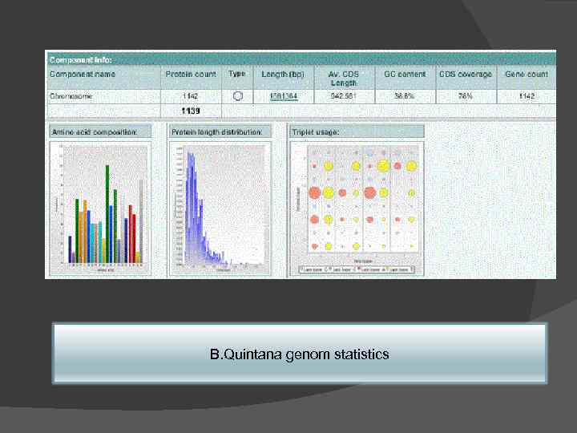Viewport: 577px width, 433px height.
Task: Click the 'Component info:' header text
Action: pyautogui.click(x=81, y=59)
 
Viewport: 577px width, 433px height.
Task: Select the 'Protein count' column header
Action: pyautogui.click(x=190, y=75)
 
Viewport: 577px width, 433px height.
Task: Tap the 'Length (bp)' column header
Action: pyautogui.click(x=284, y=75)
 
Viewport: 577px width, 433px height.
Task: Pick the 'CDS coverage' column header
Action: pyautogui.click(x=465, y=75)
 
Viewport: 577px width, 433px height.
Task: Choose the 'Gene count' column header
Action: pyautogui.click(x=527, y=75)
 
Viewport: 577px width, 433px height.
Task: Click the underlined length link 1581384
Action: pyautogui.click(x=284, y=96)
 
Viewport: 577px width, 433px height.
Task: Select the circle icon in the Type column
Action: pyautogui.click(x=237, y=95)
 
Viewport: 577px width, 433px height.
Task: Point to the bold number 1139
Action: pyautogui.click(x=190, y=111)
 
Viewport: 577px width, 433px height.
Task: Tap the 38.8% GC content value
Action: pyautogui.click(x=404, y=96)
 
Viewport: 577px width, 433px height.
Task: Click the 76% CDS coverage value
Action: pyautogui.click(x=465, y=96)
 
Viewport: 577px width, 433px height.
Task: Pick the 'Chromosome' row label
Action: pyautogui.click(x=71, y=96)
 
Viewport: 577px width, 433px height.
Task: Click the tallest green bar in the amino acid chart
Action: pyautogui.click(x=107, y=212)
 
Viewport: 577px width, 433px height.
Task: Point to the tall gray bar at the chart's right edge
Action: pyautogui.click(x=141, y=221)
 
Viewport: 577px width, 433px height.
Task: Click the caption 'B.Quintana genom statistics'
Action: pyautogui.click(x=299, y=354)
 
